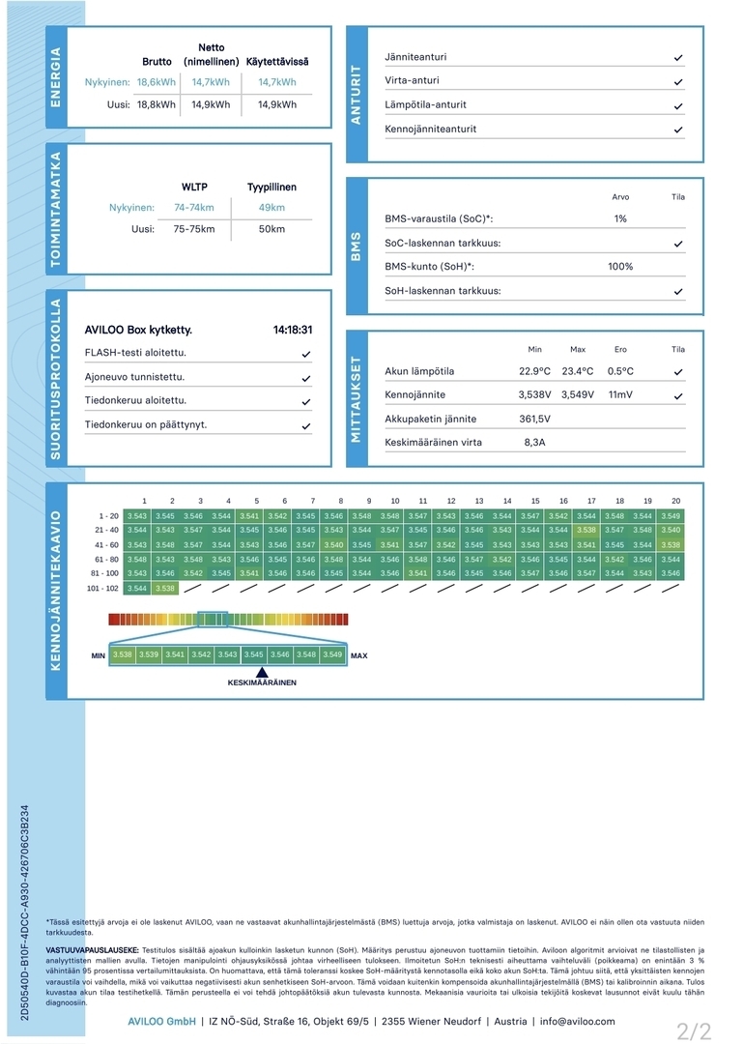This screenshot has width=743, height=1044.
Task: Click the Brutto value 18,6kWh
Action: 157,82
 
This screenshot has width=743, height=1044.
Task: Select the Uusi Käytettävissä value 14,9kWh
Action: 277,104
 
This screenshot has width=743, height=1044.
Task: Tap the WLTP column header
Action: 194,187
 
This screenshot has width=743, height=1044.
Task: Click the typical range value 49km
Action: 271,208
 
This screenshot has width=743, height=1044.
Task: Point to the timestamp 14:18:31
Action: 293,330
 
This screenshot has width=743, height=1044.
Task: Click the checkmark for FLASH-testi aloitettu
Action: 306,354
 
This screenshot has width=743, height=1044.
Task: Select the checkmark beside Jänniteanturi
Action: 678,58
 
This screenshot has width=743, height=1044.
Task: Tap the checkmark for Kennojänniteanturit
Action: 678,130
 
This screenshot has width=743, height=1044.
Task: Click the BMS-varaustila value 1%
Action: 620,218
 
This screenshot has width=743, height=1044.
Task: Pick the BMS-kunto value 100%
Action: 620,267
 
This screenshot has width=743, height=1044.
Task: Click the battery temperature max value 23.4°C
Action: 578,371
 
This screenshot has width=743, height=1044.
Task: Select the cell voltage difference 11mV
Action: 620,395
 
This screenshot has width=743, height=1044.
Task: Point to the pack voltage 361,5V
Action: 534,419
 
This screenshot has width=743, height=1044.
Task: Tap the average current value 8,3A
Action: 534,443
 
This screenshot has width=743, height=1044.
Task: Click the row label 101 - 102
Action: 101,588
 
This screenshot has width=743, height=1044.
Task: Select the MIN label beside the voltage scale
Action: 98,655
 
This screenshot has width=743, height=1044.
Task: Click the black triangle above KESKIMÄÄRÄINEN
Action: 262,672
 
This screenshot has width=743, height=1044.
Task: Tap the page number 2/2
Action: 694,1031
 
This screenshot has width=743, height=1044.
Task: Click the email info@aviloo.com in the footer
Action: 577,1021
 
